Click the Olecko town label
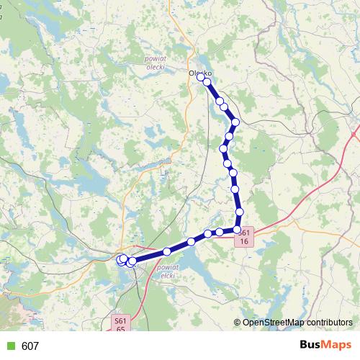click(199, 73)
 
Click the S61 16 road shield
click(245, 237)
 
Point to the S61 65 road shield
click(120, 324)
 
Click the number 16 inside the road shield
click(245, 241)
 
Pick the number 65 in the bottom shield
click(120, 328)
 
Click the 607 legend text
click(30, 346)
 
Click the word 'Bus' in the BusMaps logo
click(312, 346)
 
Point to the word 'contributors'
click(330, 323)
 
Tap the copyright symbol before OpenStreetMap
click(237, 323)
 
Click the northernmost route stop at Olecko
click(202, 76)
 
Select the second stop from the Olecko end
click(207, 82)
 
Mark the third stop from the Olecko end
click(220, 102)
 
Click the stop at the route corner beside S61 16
click(238, 229)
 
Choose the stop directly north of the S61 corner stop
click(240, 212)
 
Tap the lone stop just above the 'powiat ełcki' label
click(167, 251)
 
